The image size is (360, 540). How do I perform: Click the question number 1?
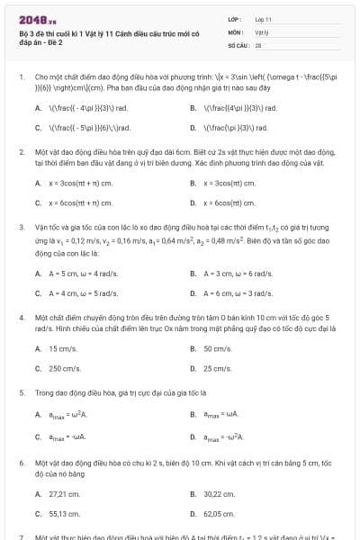[22, 77]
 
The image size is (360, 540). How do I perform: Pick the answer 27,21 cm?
[65, 493]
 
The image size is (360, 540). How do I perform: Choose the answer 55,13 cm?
[65, 513]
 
